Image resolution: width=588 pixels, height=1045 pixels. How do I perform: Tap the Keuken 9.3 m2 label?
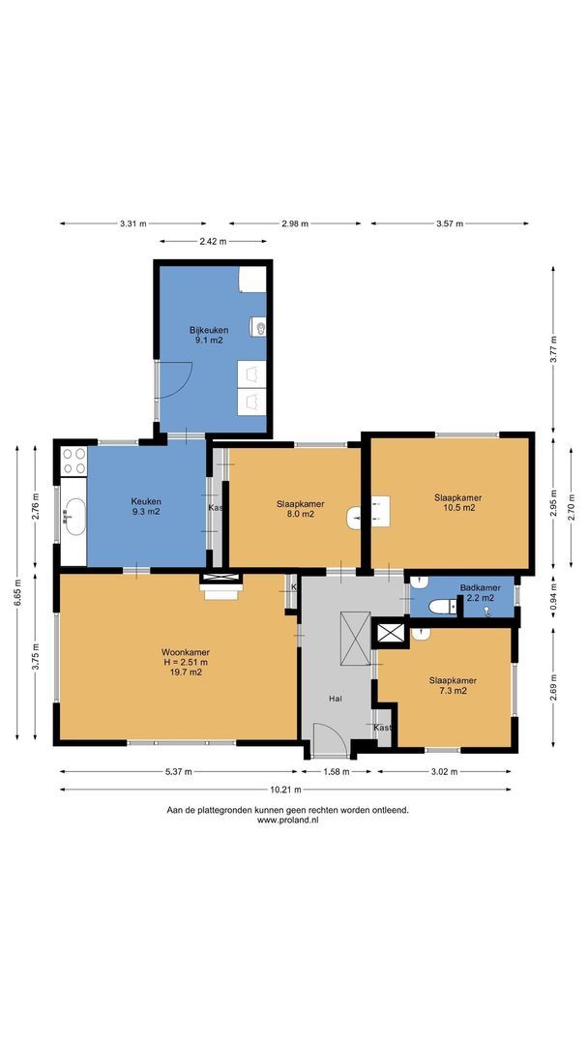pyautogui.click(x=146, y=505)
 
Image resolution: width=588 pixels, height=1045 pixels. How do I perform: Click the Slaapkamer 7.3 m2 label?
pyautogui.click(x=453, y=685)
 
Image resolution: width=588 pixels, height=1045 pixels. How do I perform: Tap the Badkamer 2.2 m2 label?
pyautogui.click(x=480, y=592)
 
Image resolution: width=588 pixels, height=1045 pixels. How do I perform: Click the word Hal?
pyautogui.click(x=336, y=698)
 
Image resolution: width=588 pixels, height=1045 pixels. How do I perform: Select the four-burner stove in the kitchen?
pyautogui.click(x=73, y=461)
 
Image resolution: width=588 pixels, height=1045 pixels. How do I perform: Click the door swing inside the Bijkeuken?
pyautogui.click(x=176, y=379)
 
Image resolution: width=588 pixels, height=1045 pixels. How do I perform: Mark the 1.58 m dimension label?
pyautogui.click(x=337, y=771)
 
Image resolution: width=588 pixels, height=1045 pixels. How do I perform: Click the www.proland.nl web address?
pyautogui.click(x=287, y=820)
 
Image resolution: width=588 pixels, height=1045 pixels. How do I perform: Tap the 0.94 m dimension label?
pyautogui.click(x=553, y=594)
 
